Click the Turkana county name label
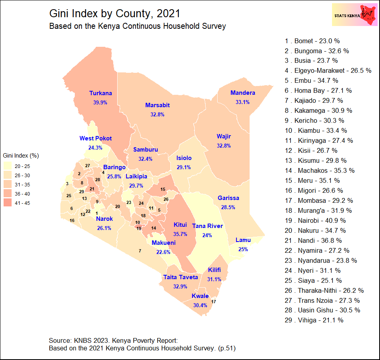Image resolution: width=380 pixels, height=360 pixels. click(x=100, y=93)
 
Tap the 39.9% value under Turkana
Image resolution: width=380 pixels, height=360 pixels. click(x=100, y=102)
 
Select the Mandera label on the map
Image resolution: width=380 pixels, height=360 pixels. click(x=242, y=93)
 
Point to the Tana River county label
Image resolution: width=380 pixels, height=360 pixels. click(x=207, y=226)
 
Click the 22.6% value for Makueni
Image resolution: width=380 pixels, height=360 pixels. click(x=163, y=252)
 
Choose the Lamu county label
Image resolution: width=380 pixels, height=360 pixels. click(x=243, y=240)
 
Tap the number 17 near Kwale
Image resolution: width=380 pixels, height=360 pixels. click(x=213, y=302)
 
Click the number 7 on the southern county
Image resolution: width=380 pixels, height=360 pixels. click(x=140, y=251)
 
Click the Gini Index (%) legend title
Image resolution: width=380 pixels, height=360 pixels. click(x=20, y=155)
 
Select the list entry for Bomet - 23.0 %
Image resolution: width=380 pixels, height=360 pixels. click(x=312, y=41)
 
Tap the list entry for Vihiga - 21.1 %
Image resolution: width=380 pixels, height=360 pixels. click(x=314, y=320)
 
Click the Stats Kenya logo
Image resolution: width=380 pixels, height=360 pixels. click(x=354, y=15)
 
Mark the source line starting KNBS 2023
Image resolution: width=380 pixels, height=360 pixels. click(x=113, y=341)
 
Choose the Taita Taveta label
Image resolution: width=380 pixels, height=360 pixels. click(x=180, y=277)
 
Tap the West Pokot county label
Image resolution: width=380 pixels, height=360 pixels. click(x=96, y=138)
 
